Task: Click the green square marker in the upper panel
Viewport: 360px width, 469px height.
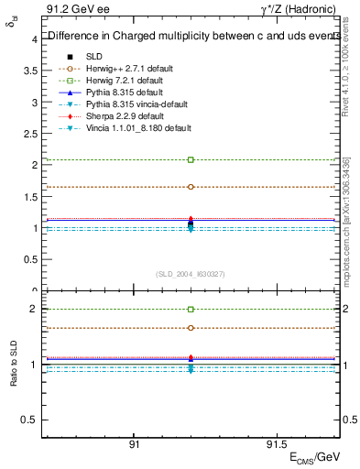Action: pos(191,159)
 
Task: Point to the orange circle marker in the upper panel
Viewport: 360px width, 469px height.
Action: pos(191,187)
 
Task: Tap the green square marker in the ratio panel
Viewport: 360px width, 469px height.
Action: pos(191,310)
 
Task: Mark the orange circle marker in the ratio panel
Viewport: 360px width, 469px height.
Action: pos(191,328)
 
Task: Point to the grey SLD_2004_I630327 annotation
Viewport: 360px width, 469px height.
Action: pos(190,274)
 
